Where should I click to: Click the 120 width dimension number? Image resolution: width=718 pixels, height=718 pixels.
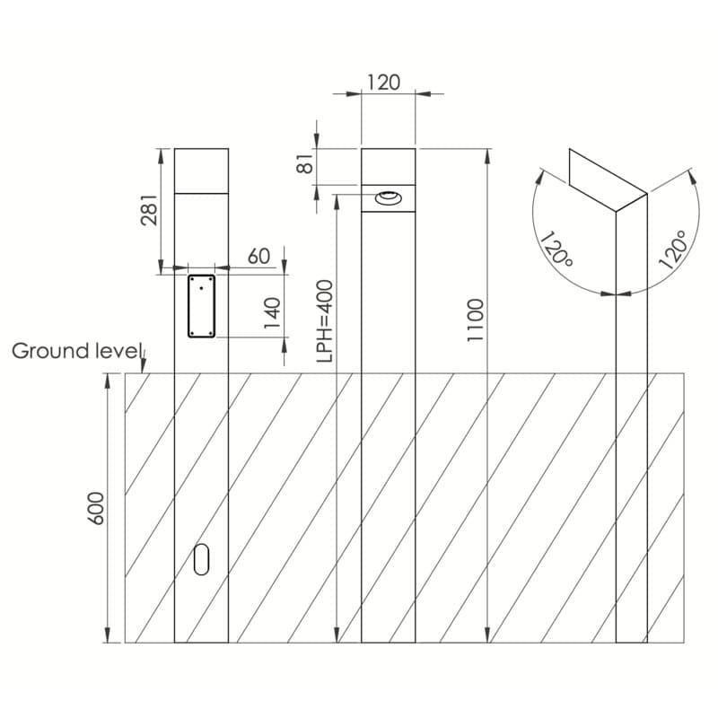(x=384, y=83)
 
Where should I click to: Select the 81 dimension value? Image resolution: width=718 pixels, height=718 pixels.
(x=305, y=162)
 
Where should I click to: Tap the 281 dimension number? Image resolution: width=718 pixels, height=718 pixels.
(x=149, y=210)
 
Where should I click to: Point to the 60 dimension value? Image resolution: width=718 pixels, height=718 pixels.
(x=258, y=257)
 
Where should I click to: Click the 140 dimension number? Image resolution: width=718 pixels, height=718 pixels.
(x=272, y=313)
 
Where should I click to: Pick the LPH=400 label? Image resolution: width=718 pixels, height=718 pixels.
(x=324, y=321)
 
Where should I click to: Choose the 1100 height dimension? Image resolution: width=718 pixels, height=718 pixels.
(x=476, y=320)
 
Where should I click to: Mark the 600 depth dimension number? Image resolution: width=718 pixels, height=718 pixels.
(x=96, y=508)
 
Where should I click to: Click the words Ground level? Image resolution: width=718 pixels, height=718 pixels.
(x=75, y=351)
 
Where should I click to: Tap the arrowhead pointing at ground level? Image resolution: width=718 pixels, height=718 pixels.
(x=144, y=366)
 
